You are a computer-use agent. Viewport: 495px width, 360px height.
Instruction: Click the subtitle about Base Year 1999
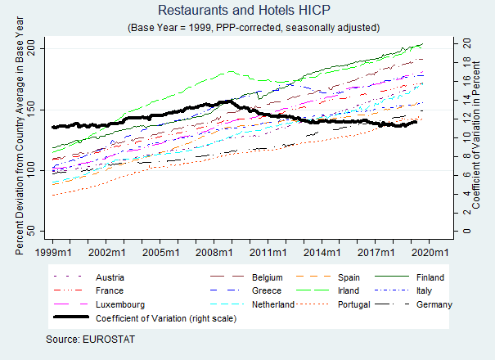pyautogui.click(x=254, y=27)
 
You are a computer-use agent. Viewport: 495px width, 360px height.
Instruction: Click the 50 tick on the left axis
pyautogui.click(x=34, y=231)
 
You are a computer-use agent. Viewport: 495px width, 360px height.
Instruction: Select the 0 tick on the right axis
pyautogui.click(x=465, y=231)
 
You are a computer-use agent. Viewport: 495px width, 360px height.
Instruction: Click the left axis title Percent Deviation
pyautogui.click(x=20, y=139)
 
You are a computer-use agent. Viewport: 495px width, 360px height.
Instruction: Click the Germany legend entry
pyautogui.click(x=434, y=304)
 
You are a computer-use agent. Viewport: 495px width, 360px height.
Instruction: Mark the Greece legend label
pyautogui.click(x=265, y=290)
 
